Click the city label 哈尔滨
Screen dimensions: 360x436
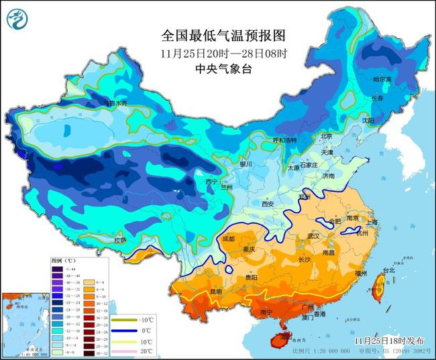(x=382, y=79)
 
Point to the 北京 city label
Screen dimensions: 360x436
(x=327, y=136)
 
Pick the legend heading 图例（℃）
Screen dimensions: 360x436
(x=64, y=259)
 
